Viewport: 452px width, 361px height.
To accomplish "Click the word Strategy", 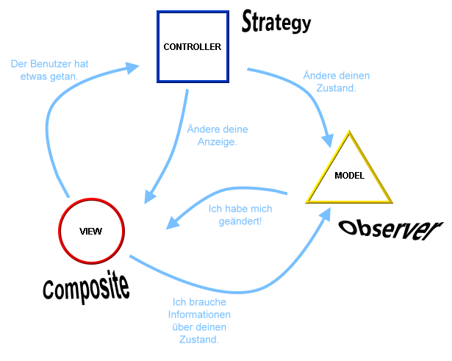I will point(276,23).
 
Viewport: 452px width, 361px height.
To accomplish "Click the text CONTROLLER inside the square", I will point(192,46).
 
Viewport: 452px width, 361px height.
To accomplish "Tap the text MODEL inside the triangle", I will point(349,176).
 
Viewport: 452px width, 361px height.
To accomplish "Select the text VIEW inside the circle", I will point(90,231).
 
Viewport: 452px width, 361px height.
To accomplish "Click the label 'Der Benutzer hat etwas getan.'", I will point(50,71).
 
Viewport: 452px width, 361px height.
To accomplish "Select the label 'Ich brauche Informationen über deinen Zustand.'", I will point(198,321).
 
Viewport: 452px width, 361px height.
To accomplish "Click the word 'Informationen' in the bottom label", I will point(198,315).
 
